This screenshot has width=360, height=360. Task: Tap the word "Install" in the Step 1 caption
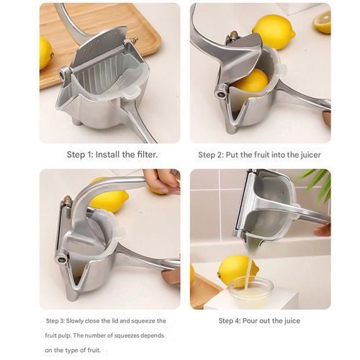[x=107, y=155]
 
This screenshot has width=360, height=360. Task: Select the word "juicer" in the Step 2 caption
[x=307, y=155]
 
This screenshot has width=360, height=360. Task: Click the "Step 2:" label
[x=212, y=155]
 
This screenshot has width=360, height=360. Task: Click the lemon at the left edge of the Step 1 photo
[x=45, y=53]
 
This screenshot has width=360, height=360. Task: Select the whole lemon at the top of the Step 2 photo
[x=274, y=31]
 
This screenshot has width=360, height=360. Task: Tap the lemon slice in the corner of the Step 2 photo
[x=323, y=21]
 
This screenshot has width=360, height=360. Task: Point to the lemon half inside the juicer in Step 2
[x=250, y=81]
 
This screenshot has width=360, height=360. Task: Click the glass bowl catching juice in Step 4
[x=251, y=292]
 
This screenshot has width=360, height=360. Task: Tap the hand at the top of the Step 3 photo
[x=161, y=179]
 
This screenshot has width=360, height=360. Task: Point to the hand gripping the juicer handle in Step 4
[x=323, y=229]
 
